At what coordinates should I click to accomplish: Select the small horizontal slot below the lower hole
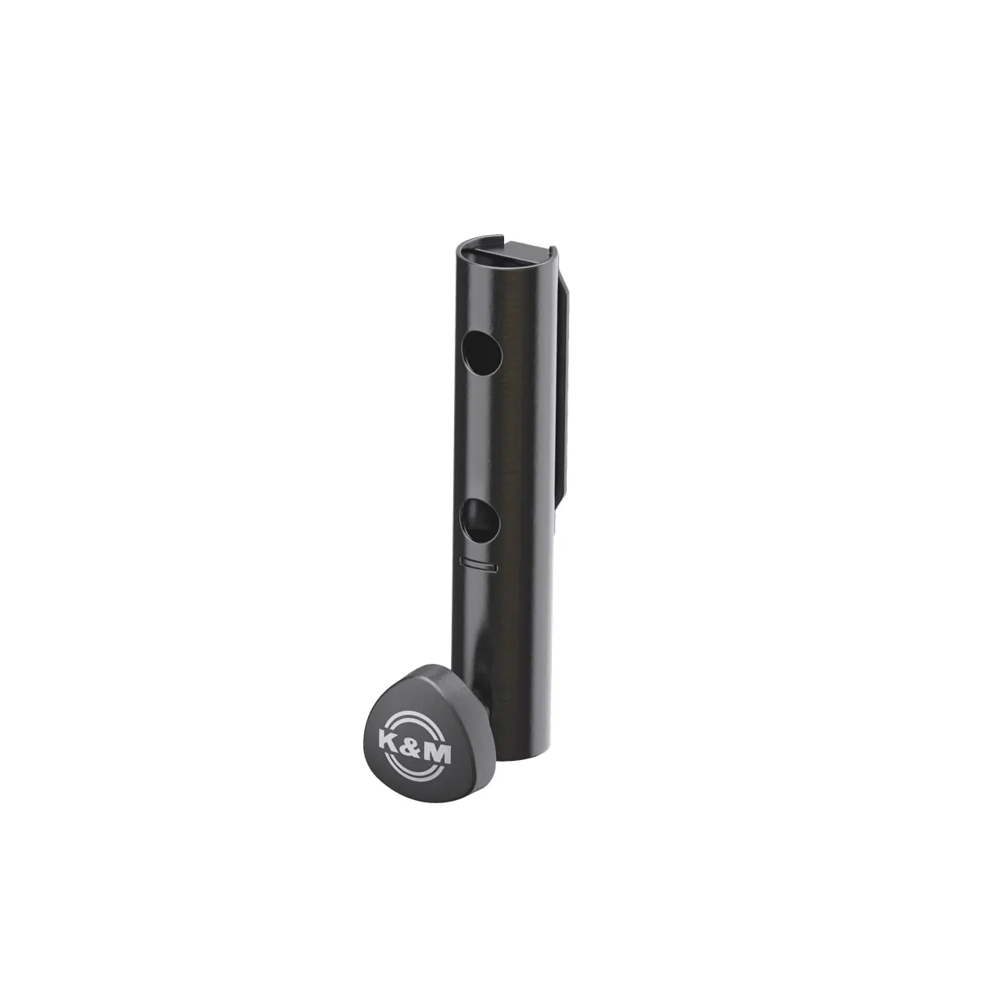[x=479, y=563]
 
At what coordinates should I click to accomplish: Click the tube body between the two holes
[x=501, y=438]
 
